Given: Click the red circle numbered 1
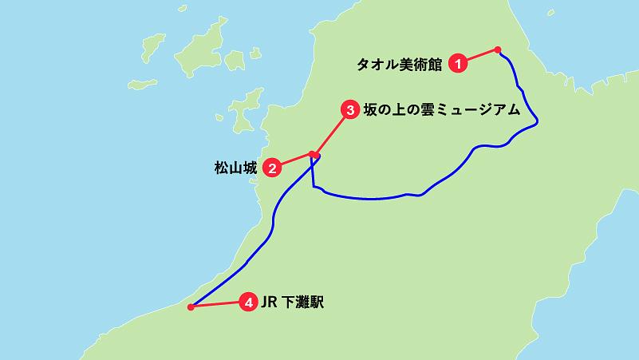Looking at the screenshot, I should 457,63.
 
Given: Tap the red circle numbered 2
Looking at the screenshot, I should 273,168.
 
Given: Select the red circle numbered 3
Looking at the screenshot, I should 349,111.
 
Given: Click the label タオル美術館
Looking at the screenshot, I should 399,63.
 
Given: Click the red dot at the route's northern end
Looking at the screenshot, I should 498,49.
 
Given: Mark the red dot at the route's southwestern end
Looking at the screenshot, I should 190,307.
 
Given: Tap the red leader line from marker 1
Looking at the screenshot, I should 479,56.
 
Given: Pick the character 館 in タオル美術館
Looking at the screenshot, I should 435,63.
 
